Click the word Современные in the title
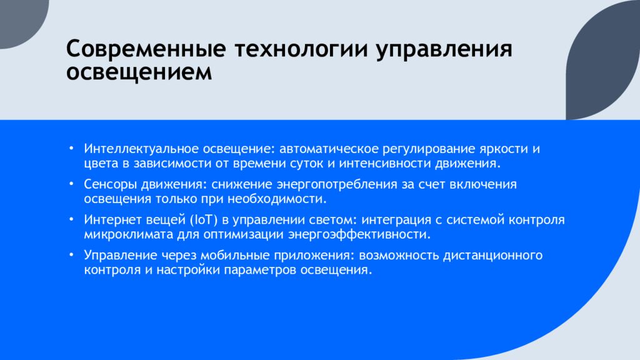coord(146,49)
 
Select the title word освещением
coord(139,72)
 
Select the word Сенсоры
coord(110,185)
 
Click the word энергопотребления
coord(337,185)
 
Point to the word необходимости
coord(277,199)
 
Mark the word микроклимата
coord(129,235)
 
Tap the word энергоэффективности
coord(359,235)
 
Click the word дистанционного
coord(492,256)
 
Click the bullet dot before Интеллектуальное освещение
coord(71,148)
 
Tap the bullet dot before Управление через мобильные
coord(71,255)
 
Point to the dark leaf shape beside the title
coord(603,60)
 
